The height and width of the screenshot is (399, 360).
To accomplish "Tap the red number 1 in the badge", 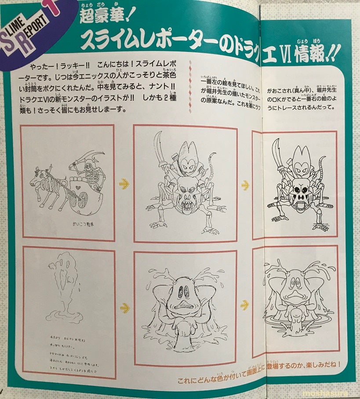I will tap(52, 7).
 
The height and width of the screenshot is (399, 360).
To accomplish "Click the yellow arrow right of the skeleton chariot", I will tap(124, 184).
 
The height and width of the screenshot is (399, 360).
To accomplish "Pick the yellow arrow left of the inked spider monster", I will tap(245, 185).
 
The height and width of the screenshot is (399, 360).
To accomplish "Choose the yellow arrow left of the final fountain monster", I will tap(245, 305).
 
